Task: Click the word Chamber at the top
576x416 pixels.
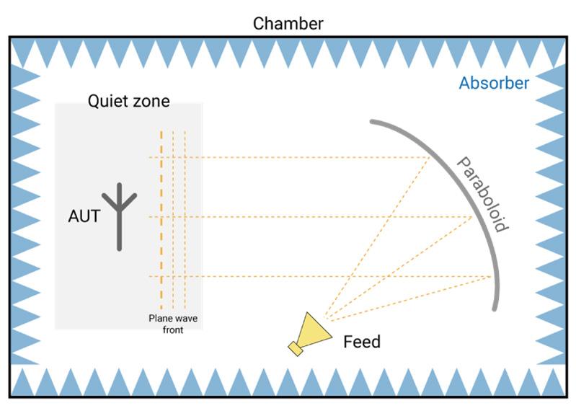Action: (x=288, y=23)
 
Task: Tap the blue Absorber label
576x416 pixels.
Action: (x=494, y=83)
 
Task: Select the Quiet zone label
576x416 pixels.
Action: (x=129, y=101)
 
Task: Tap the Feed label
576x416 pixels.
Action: (x=361, y=340)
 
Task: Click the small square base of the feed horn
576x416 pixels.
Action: (x=296, y=348)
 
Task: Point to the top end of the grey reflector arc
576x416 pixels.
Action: (x=373, y=121)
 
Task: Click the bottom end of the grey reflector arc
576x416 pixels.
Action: (x=495, y=309)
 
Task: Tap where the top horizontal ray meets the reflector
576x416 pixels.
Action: (x=430, y=157)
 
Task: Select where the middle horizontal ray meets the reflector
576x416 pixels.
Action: (x=472, y=216)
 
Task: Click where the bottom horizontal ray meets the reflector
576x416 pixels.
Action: (x=492, y=276)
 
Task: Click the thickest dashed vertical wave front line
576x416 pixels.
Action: (x=161, y=216)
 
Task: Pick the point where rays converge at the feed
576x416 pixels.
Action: (x=325, y=317)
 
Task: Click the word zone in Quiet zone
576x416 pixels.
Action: (x=150, y=101)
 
